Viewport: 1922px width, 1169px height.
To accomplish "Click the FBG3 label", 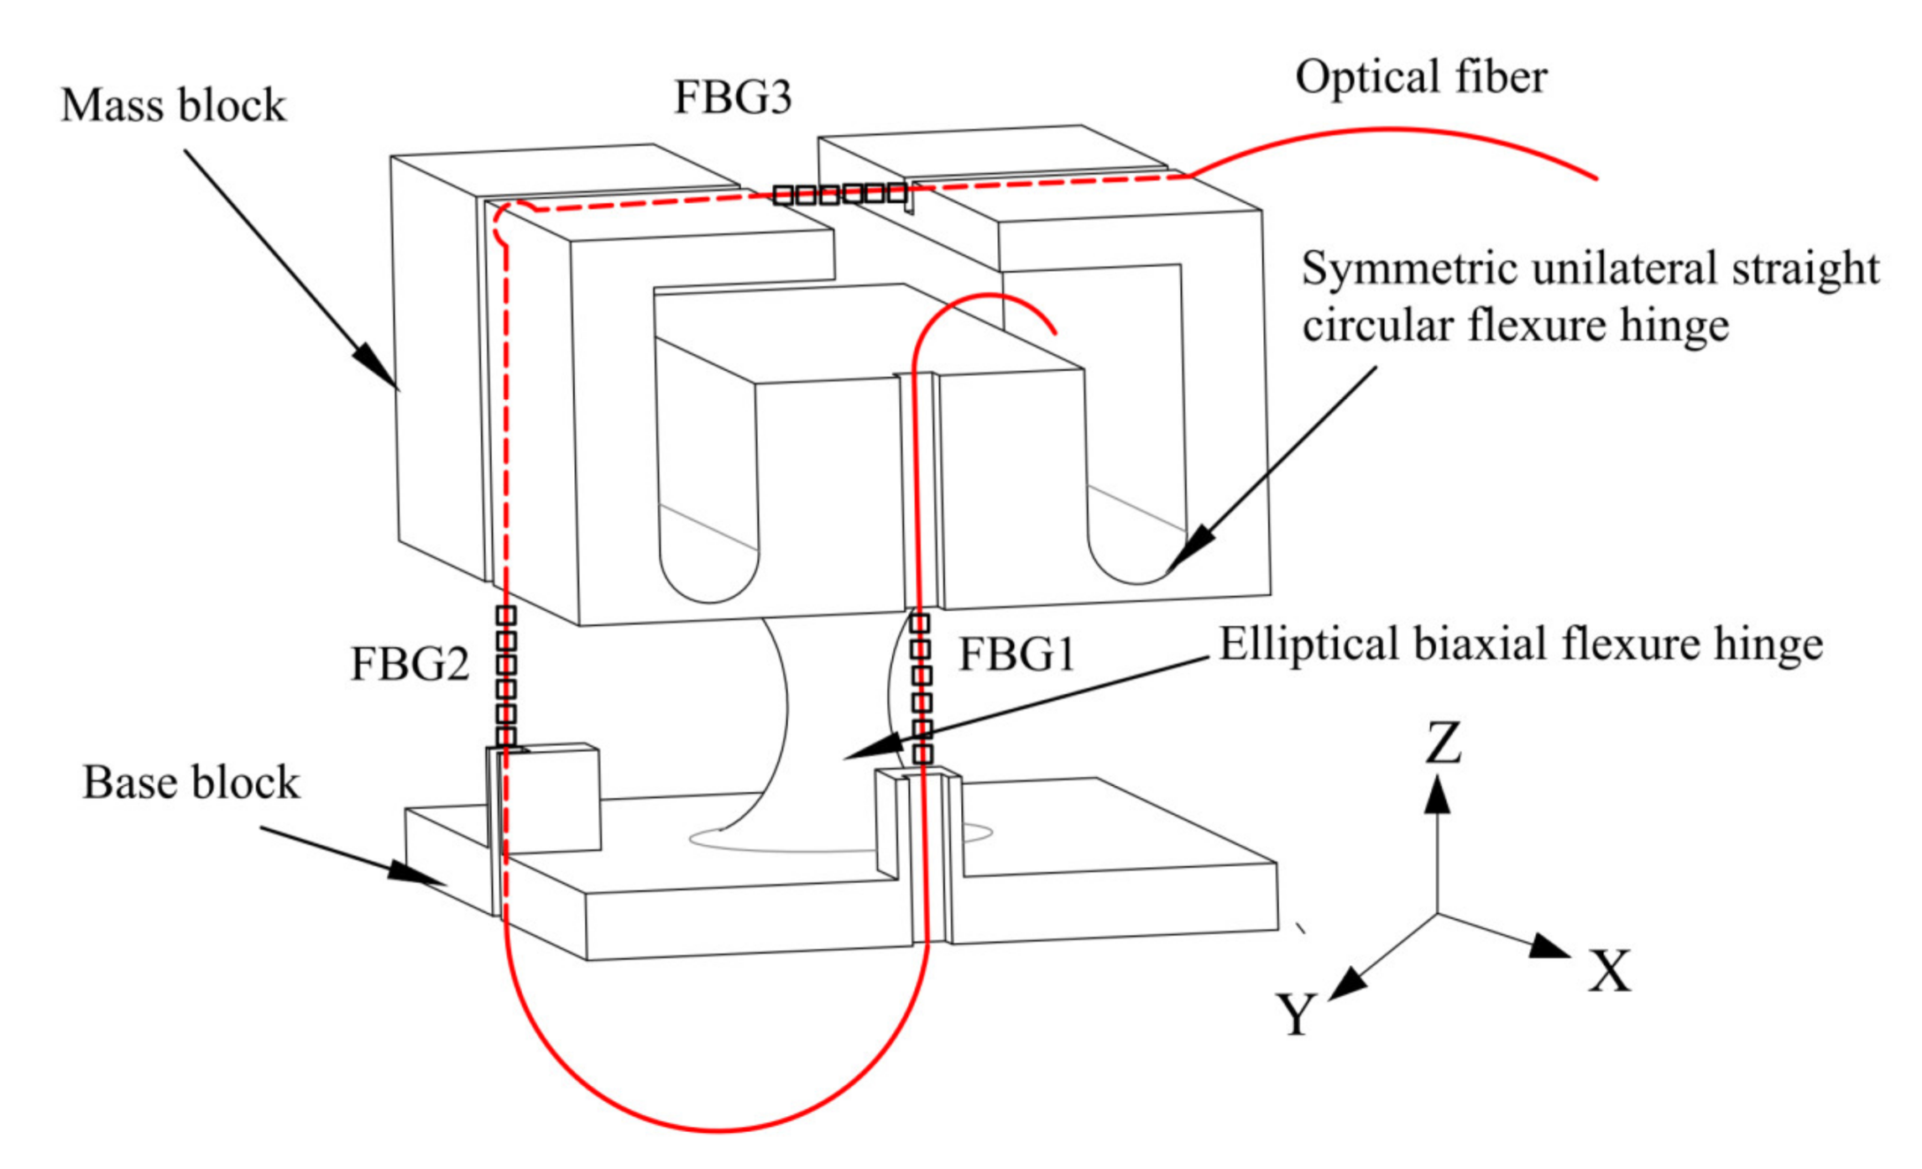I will (732, 97).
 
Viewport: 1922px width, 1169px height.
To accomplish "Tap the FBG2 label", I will (409, 664).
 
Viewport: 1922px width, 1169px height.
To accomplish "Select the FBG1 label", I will (1016, 654).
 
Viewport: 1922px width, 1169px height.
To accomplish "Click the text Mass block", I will (173, 106).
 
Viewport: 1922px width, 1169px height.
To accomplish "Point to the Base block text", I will (191, 782).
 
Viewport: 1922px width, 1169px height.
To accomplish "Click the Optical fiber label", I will (1420, 77).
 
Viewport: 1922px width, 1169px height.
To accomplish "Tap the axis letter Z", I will (1443, 743).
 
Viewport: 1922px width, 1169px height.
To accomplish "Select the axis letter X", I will (1608, 971).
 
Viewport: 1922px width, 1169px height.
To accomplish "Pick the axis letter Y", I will (1296, 1014).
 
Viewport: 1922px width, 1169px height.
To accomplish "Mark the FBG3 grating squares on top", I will (840, 195).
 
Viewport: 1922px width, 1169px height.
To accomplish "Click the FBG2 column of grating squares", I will (505, 676).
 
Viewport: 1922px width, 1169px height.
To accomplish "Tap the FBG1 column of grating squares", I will (921, 688).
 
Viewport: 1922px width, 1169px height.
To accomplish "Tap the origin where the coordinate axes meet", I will (1437, 913).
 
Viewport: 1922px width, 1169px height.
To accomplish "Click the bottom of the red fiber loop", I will (719, 1130).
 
